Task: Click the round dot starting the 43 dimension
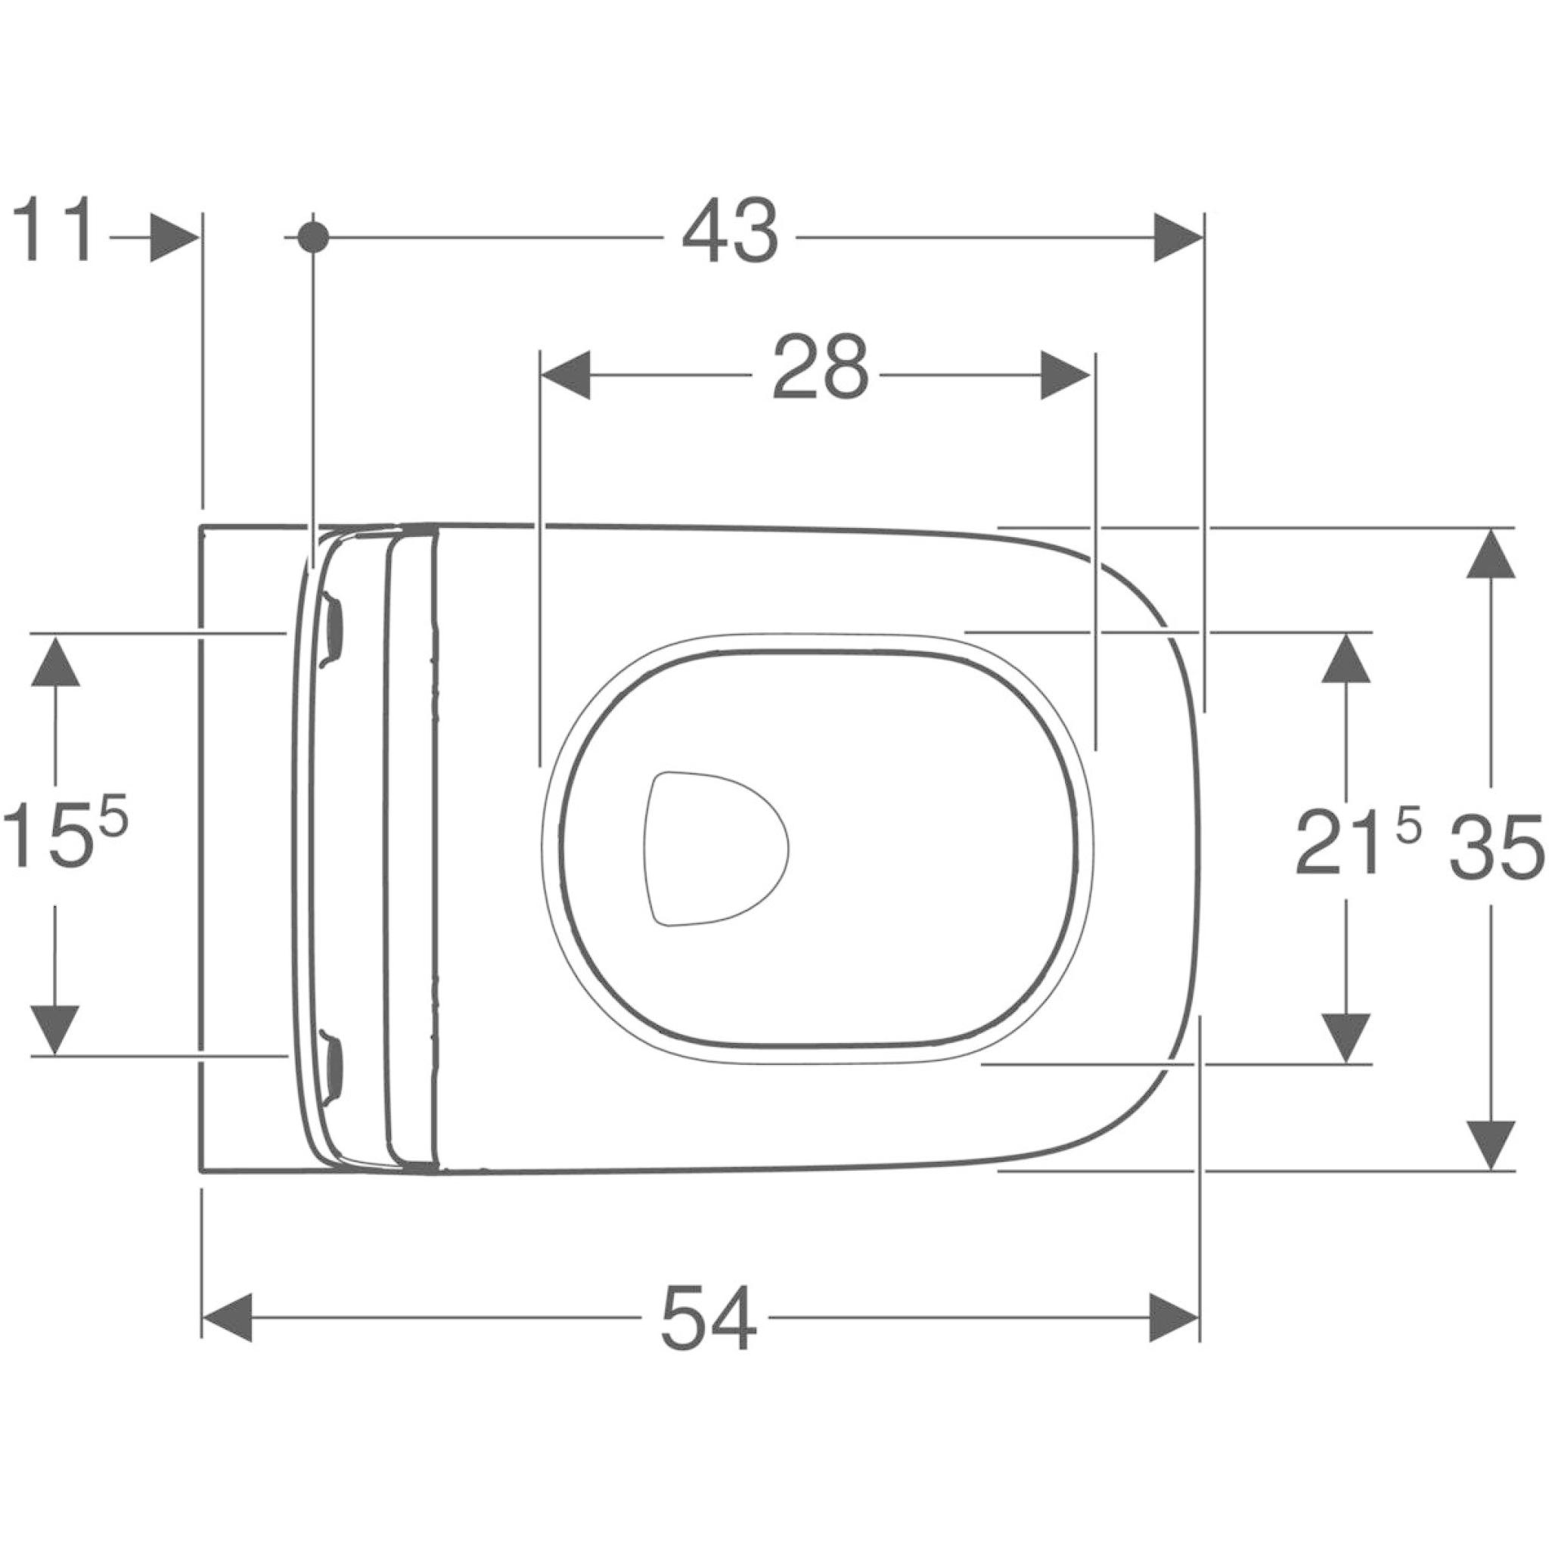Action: pos(312,237)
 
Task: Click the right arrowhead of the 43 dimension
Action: pos(1178,237)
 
